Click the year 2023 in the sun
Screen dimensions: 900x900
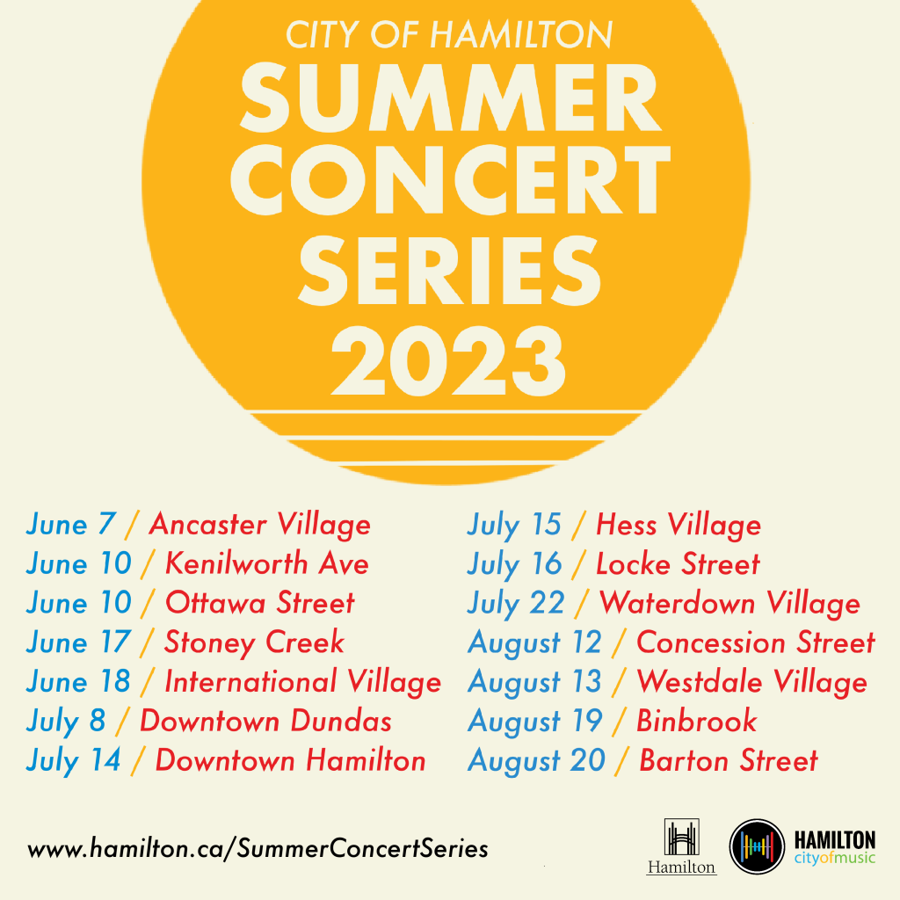click(x=448, y=360)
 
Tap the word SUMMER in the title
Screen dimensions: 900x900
click(x=451, y=97)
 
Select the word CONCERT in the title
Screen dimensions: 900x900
click(x=451, y=179)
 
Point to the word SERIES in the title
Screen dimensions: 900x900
click(x=449, y=271)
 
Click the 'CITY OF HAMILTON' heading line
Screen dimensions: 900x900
click(x=449, y=34)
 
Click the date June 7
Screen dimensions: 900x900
click(x=71, y=525)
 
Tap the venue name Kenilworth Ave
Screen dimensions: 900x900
click(x=267, y=563)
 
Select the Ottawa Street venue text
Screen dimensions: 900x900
click(x=260, y=603)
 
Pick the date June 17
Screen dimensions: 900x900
click(x=78, y=642)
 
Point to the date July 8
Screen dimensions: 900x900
click(x=65, y=722)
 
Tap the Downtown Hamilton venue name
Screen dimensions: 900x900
click(x=290, y=760)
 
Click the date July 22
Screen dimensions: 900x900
click(x=516, y=604)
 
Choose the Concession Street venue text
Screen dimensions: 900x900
click(x=756, y=642)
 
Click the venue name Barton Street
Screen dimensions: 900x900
click(x=729, y=760)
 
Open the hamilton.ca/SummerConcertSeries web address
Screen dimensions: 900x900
click(x=258, y=849)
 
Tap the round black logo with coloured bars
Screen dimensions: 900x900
click(x=757, y=846)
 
